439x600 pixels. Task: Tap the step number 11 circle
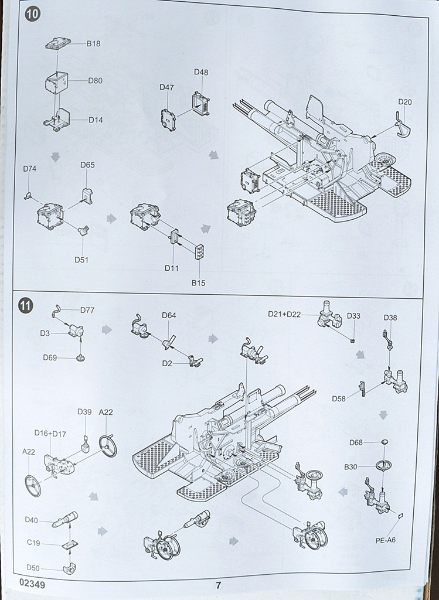pos(26,306)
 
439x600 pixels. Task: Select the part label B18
pos(94,43)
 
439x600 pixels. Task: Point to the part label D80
pos(96,80)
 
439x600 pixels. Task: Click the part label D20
pos(405,102)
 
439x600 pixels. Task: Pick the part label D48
pos(201,72)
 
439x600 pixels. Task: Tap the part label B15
pos(198,283)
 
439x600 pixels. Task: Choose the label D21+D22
pos(284,315)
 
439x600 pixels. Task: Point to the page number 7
pos(218,585)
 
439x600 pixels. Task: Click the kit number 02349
pos(32,584)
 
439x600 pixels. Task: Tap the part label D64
pos(169,316)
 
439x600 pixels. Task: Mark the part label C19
pos(33,543)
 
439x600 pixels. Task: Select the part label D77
pos(87,310)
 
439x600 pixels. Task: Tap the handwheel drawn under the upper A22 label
pos(108,445)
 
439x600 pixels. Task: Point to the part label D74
pos(30,169)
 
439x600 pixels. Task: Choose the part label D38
pos(390,318)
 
